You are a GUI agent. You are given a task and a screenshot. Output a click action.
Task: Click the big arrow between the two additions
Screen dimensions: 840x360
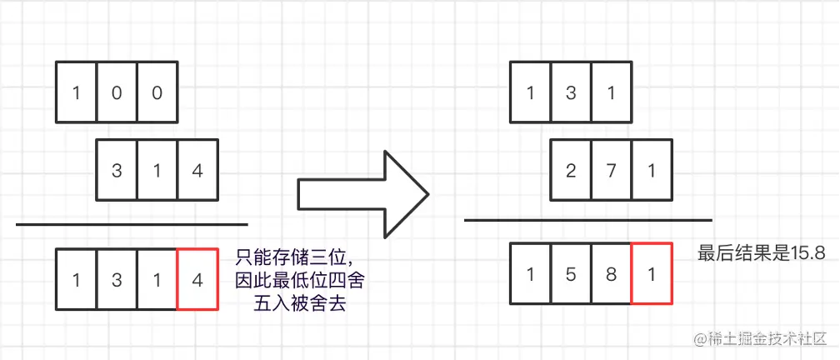[x=362, y=192]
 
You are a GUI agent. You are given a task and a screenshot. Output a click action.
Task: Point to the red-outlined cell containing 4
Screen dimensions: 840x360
[x=197, y=279]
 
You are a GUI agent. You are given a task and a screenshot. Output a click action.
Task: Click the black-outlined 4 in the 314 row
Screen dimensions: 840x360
[x=197, y=172]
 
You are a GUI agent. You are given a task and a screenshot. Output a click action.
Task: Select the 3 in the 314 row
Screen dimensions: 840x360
[x=117, y=172]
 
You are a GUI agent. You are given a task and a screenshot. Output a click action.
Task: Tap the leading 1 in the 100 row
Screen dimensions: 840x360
[x=76, y=92]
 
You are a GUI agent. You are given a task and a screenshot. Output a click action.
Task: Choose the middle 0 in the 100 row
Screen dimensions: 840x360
[x=117, y=92]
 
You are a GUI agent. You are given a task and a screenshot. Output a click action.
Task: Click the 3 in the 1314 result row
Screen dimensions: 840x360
[x=117, y=279]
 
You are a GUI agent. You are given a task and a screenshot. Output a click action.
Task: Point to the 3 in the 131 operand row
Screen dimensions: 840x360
[x=571, y=92]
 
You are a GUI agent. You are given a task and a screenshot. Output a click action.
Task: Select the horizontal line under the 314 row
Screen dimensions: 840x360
[x=132, y=224]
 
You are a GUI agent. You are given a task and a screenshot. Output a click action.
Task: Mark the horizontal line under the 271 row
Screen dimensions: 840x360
[x=587, y=220]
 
